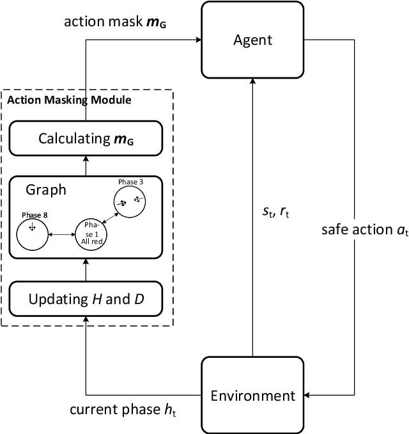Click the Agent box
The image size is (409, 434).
[x=252, y=40]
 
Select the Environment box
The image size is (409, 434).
[x=252, y=395]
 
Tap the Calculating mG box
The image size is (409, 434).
[x=85, y=138]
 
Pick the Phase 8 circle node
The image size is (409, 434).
[x=32, y=234]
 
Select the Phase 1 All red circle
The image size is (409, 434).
[x=91, y=234]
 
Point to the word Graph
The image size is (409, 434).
[x=46, y=190]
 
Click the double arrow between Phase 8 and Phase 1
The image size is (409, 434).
[x=61, y=235]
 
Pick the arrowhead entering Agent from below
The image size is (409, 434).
[x=253, y=82]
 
